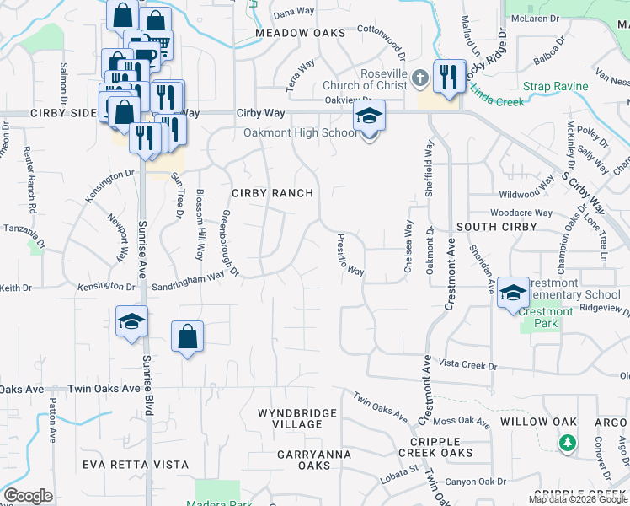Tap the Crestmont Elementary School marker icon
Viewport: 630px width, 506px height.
click(512, 293)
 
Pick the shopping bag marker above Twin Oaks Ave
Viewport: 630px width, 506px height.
click(187, 337)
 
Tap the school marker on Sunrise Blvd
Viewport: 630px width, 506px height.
click(132, 321)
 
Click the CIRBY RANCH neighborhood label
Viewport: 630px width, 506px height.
click(272, 193)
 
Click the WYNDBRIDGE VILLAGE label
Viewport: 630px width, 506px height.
click(297, 418)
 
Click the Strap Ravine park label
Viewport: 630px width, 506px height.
click(553, 86)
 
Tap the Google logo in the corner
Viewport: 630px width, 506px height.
click(28, 496)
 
